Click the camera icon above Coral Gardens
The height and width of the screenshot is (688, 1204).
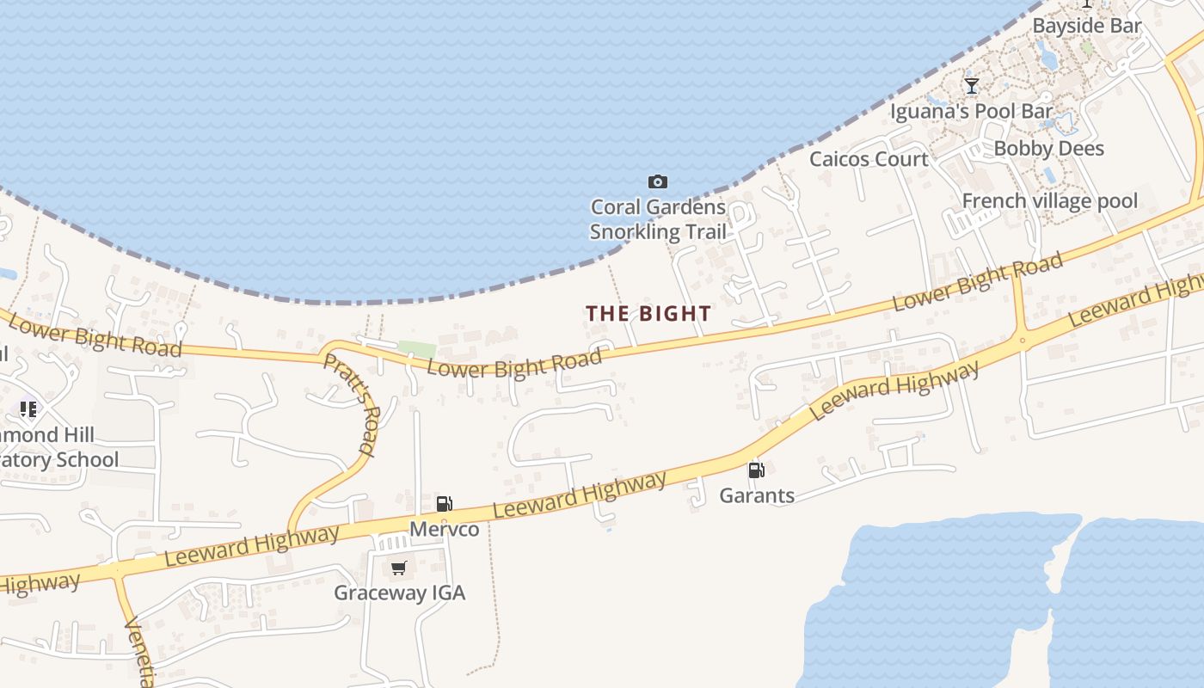658,181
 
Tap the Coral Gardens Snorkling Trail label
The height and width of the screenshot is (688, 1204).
658,219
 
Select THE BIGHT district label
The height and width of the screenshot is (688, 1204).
648,314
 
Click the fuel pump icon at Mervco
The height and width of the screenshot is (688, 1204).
445,504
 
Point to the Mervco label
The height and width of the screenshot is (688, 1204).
444,529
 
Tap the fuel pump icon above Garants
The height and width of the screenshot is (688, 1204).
756,470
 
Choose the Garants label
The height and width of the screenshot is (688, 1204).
757,495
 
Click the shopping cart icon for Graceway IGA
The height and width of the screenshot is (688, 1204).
398,568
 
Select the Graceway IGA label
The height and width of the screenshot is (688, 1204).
399,593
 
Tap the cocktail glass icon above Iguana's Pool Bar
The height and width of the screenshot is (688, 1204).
972,86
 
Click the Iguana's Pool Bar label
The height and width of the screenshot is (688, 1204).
971,111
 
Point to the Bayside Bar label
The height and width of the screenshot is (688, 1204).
1086,26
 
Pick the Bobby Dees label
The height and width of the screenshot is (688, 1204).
1048,149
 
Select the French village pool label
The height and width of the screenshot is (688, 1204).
1049,201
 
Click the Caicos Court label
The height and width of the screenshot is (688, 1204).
869,159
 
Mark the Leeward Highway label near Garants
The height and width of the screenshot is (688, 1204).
894,391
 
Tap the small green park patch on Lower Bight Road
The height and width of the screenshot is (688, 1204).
416,349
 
